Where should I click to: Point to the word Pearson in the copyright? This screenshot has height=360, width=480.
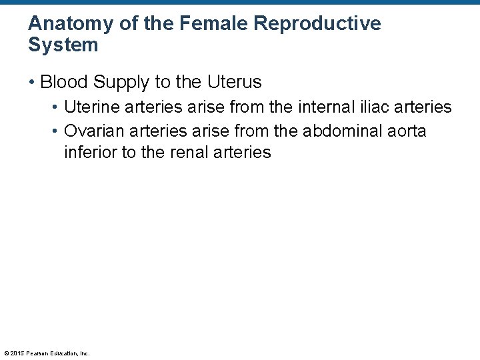pyautogui.click(x=37, y=353)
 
